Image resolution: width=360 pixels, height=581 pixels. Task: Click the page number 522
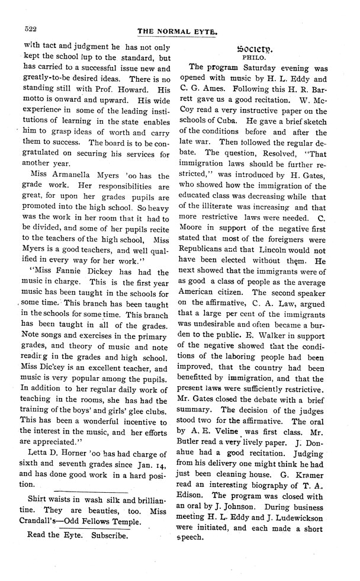click(x=30, y=28)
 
